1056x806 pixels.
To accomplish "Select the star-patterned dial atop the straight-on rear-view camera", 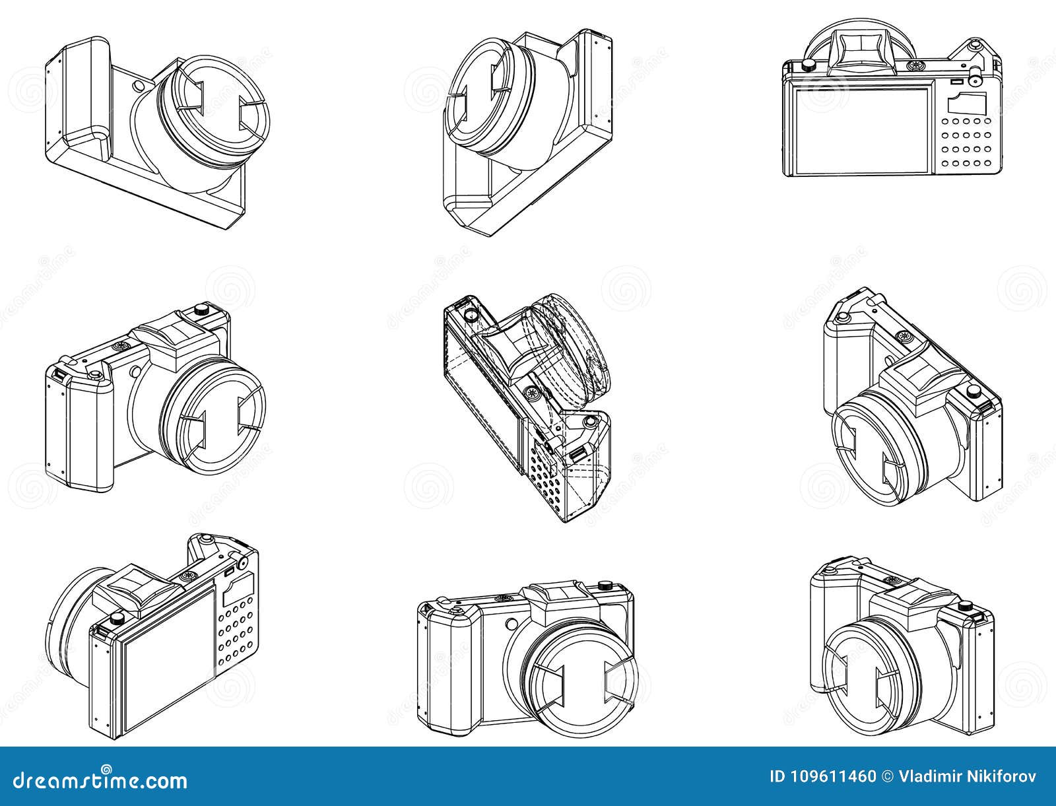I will [x=915, y=65].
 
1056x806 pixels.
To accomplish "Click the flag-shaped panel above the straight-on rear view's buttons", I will [x=967, y=103].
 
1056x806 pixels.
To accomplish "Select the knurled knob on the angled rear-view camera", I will [x=117, y=619].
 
